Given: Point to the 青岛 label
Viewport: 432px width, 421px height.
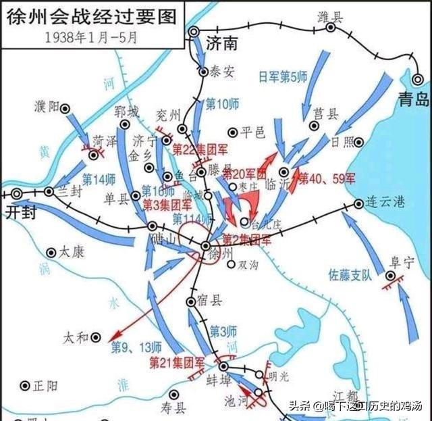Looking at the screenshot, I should [412, 100].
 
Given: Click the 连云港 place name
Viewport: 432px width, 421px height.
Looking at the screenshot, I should [391, 203].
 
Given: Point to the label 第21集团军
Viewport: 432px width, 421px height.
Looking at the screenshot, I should [175, 364].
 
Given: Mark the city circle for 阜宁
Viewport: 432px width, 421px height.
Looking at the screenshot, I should [391, 276].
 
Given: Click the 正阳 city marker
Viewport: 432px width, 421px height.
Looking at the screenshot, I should [25, 385].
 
